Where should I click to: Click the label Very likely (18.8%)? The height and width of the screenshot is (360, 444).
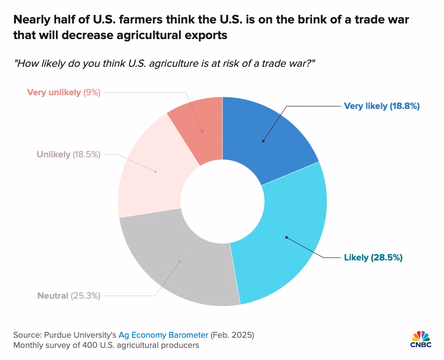click(381, 106)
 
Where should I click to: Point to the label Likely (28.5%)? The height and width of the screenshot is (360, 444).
click(373, 257)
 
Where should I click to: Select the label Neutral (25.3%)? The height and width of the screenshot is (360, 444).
click(69, 296)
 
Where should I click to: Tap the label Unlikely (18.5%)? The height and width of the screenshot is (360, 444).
click(68, 154)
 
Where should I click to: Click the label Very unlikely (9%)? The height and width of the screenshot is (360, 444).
click(64, 93)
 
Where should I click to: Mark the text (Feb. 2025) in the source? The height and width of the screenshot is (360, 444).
click(233, 335)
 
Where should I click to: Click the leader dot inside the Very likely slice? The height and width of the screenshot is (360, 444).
click(263, 141)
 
